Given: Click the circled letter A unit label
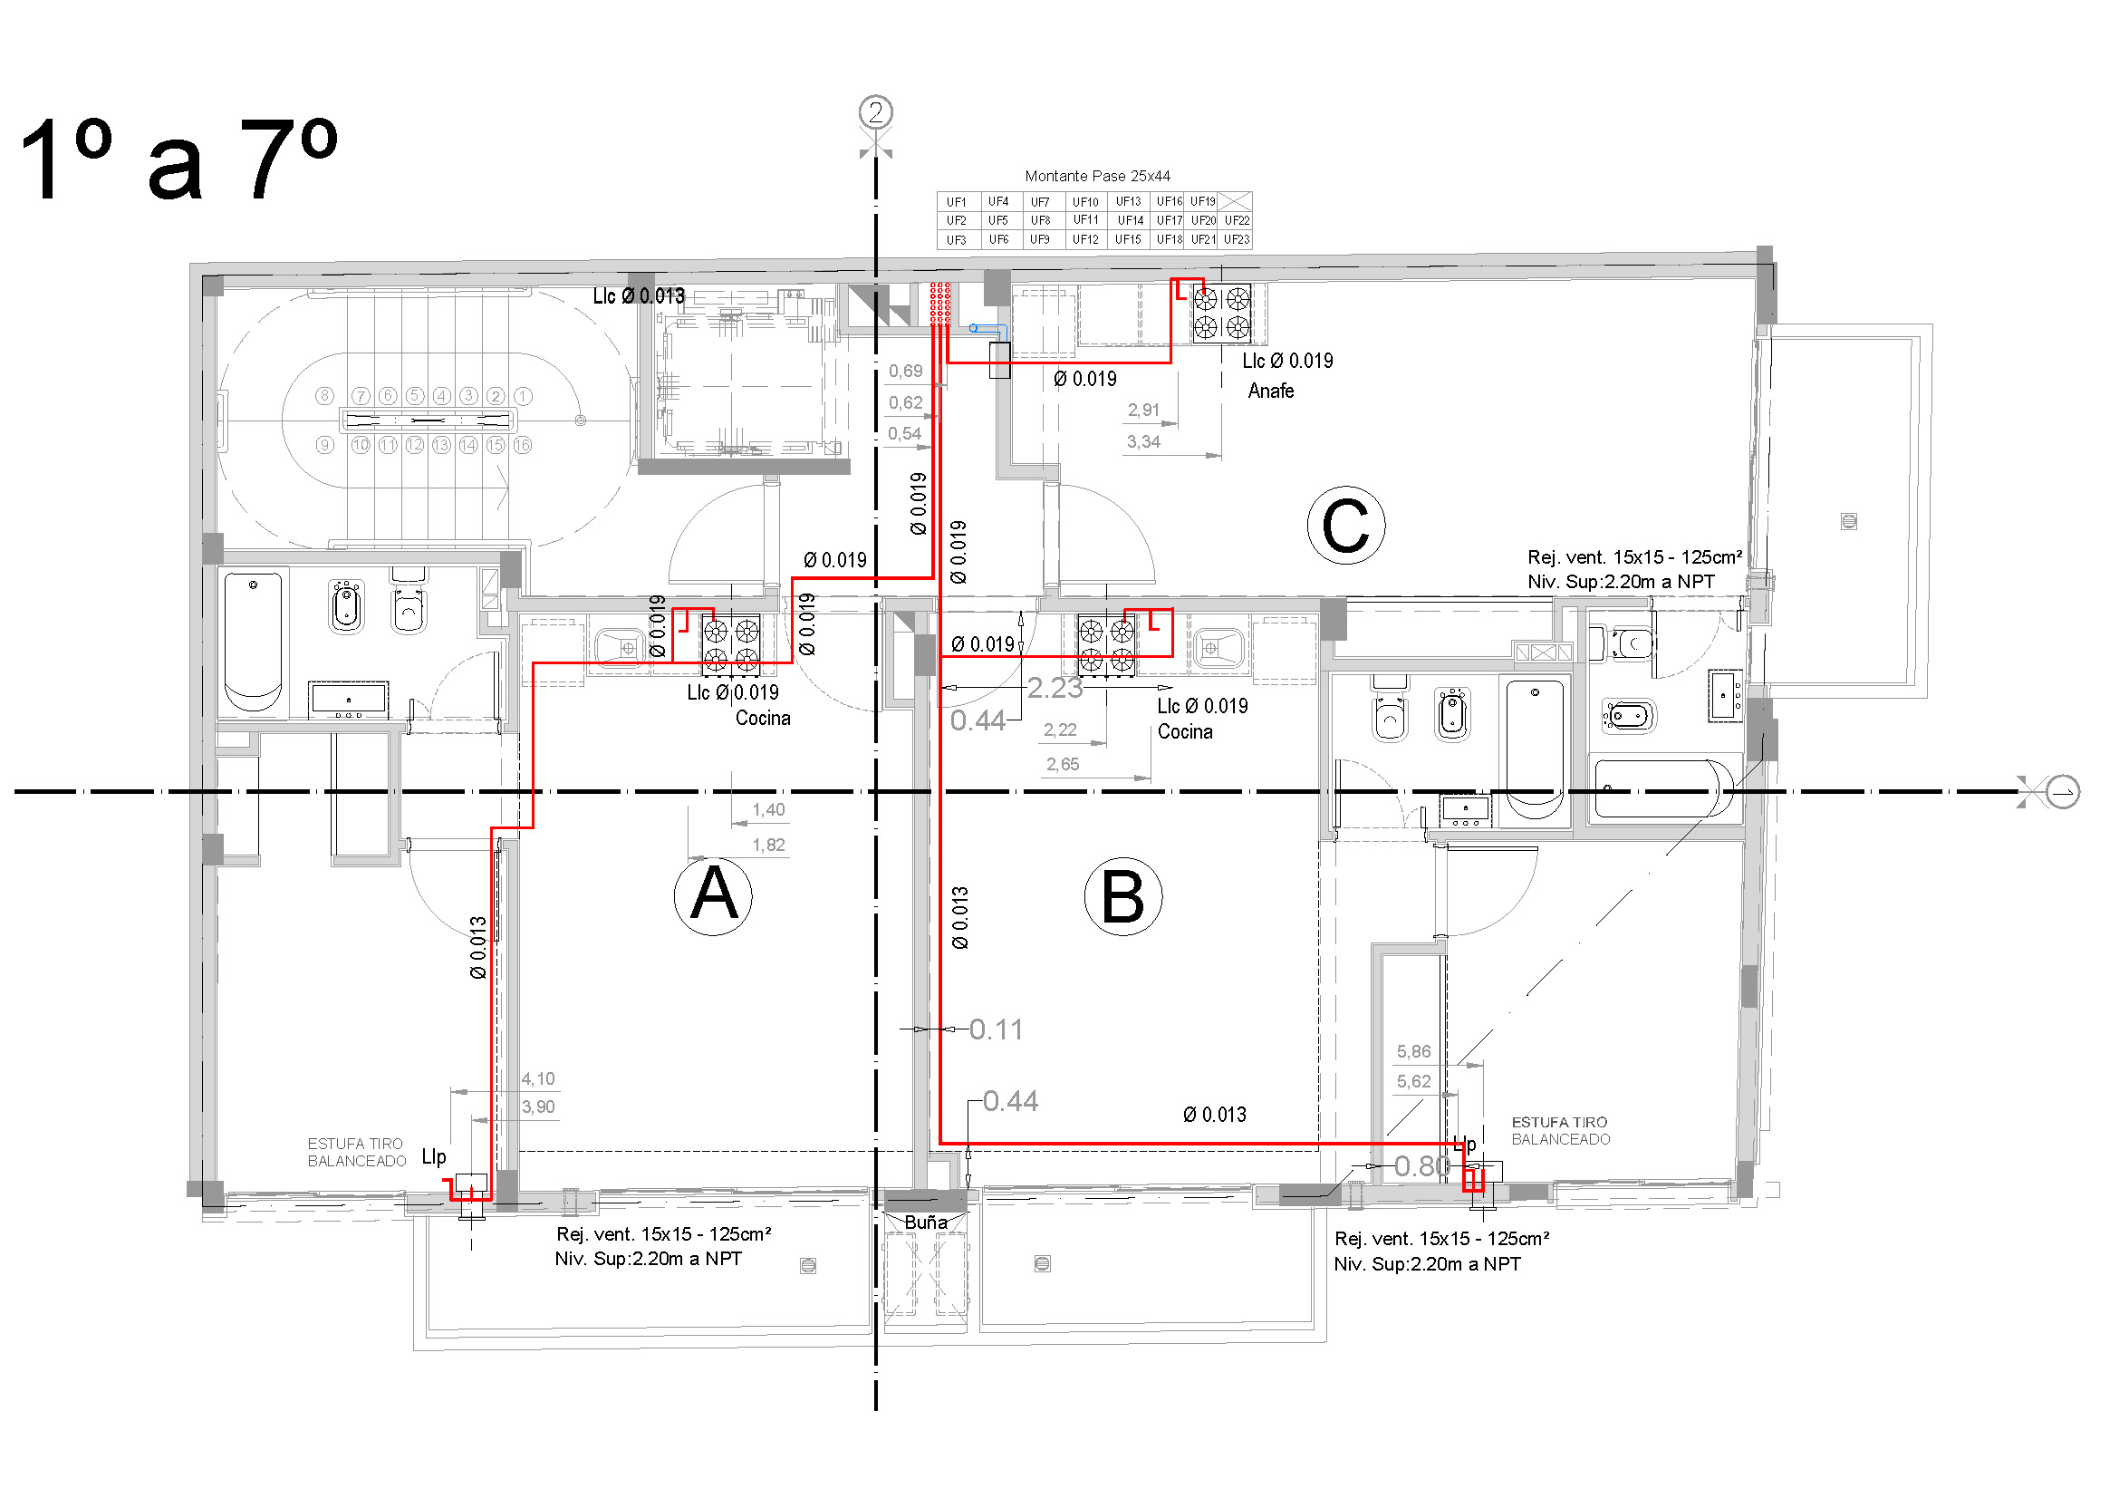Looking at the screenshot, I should click(712, 895).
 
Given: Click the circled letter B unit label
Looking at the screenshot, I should click(1122, 896).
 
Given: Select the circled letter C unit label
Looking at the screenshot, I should click(1344, 526).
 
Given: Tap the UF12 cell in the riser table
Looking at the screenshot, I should click(1085, 240).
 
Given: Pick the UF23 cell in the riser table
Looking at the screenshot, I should click(1236, 240).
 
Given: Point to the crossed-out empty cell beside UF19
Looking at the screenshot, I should click(1235, 201).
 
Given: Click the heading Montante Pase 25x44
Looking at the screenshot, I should click(1097, 176).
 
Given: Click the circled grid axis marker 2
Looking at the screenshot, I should click(876, 112).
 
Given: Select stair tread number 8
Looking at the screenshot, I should click(324, 396).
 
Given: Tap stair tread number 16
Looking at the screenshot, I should click(523, 445).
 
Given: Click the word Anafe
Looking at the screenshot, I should click(1271, 391).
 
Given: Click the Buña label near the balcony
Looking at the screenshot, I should click(925, 1222).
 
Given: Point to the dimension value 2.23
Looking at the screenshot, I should click(1054, 688).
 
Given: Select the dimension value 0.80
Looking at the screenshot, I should click(1421, 1166).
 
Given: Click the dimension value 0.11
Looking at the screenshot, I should click(996, 1029).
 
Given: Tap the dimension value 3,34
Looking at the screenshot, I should click(1142, 442).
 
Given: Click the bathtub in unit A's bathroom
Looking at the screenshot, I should click(252, 642).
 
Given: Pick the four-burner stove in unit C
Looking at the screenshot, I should click(1221, 313).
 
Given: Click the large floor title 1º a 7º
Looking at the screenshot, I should click(178, 159).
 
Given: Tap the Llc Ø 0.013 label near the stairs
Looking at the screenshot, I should click(639, 296).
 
